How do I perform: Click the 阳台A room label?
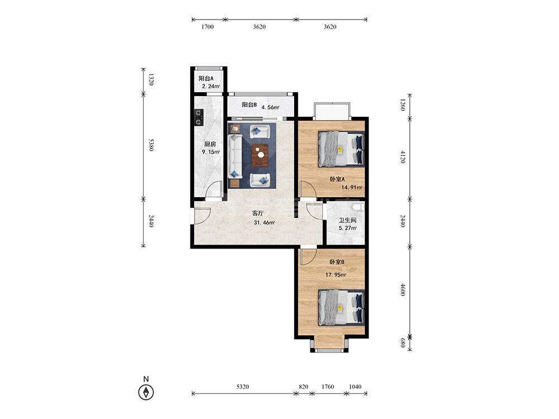(x=206, y=78)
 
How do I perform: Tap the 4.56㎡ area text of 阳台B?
(x=270, y=107)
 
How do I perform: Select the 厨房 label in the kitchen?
(x=210, y=144)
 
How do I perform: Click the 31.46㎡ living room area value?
(x=264, y=223)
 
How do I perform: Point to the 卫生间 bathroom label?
(x=347, y=220)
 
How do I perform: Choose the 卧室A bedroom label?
(x=337, y=179)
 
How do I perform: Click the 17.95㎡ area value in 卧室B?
(x=335, y=275)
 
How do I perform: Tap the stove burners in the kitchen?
(x=198, y=117)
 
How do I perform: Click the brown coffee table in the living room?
(x=260, y=155)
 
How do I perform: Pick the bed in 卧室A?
(x=341, y=149)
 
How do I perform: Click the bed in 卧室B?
(x=341, y=307)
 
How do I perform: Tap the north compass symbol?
(x=146, y=392)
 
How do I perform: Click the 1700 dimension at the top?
(x=207, y=27)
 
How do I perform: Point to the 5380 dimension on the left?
(x=151, y=145)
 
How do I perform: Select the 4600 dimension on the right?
(x=403, y=289)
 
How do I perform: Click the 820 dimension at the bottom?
(x=304, y=387)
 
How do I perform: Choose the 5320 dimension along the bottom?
(x=243, y=387)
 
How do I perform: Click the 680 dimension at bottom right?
(x=403, y=343)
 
